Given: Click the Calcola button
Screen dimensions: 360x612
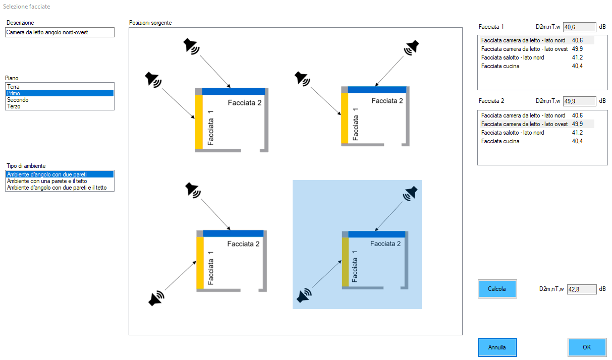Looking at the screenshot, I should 497,289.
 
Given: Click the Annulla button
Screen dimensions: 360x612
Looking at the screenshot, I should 497,347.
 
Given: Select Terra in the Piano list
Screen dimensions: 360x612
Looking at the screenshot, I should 14,87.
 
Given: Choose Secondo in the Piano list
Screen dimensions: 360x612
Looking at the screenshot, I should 18,100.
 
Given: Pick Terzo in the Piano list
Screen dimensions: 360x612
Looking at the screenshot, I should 14,106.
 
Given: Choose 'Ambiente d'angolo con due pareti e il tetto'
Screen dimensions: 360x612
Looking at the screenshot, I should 60,188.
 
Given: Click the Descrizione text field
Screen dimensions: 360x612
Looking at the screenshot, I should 60,32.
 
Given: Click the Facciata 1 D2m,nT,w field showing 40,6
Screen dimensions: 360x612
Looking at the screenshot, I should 579,27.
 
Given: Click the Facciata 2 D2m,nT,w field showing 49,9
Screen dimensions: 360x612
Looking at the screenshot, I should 579,101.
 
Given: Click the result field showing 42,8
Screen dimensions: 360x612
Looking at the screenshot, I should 581,289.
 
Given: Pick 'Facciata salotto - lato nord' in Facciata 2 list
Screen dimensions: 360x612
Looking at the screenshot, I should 513,133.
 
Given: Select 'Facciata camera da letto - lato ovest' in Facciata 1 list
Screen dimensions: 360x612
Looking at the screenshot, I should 524,49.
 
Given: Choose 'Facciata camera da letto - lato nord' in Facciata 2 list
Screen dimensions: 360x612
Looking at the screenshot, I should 523,115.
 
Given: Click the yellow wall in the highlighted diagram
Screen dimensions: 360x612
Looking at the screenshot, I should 345,262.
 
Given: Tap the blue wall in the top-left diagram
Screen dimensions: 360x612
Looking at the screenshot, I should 234,91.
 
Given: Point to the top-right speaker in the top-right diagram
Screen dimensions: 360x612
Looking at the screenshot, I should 411,47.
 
